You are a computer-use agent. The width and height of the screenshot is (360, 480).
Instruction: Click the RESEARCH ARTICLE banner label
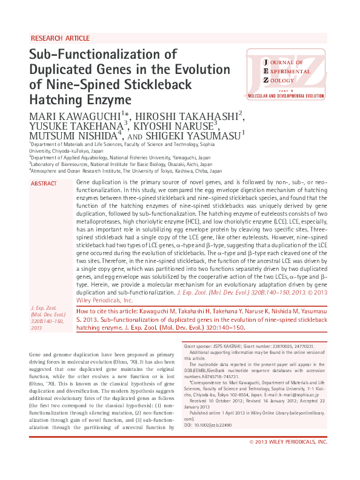pos(59,38)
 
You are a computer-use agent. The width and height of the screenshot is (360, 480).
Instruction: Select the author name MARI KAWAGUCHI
pos(75,116)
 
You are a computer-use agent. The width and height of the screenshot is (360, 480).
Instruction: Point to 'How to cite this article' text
pos(110,311)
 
